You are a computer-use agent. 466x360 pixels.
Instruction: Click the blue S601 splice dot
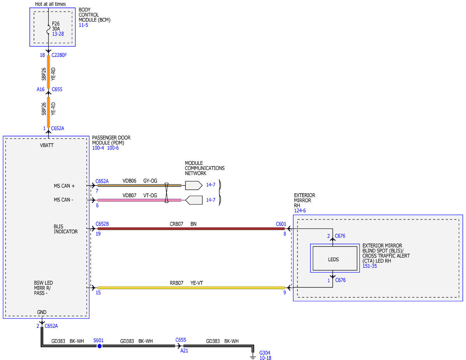pos(99,346)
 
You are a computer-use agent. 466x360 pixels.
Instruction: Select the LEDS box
pos(335,258)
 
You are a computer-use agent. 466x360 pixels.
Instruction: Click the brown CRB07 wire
pos(191,229)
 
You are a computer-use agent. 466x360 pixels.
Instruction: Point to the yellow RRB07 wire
pos(191,287)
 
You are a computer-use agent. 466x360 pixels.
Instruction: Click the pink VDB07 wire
pos(139,200)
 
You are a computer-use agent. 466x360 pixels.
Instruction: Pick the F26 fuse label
pos(56,24)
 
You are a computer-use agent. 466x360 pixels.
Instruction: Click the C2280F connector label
pos(59,55)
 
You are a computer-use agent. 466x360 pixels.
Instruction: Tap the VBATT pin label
pos(47,145)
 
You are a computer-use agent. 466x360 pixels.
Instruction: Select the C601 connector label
pos(281,224)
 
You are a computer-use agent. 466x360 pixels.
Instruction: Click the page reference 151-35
pos(369,266)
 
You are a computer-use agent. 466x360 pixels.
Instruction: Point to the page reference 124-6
pos(300,210)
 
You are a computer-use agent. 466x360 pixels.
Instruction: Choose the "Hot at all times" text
pos(50,4)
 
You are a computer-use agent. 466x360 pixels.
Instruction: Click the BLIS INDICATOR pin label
pos(66,229)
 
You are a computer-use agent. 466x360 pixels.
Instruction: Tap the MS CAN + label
pos(64,186)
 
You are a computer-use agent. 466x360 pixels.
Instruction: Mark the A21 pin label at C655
pos(184,351)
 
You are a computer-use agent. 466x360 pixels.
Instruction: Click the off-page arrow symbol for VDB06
pos(194,186)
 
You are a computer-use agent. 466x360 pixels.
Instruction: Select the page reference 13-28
pos(58,34)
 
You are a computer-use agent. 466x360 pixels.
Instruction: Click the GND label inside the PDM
pos(42,312)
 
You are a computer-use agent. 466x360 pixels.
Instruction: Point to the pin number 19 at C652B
pos(98,234)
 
